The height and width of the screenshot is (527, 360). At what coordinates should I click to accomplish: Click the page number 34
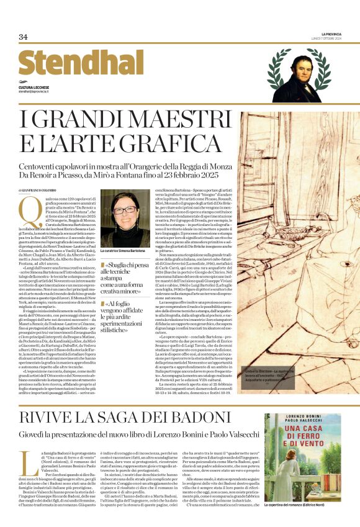coord(24,37)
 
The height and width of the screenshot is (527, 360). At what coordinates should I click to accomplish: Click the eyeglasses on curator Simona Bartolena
coord(125,210)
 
